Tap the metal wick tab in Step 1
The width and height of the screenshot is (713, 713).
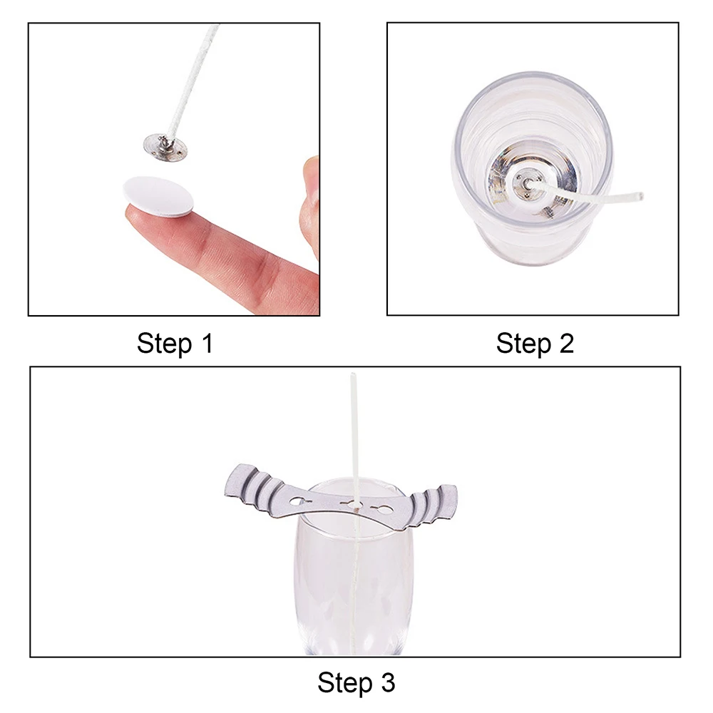(165, 147)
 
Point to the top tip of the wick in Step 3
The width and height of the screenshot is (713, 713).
(353, 375)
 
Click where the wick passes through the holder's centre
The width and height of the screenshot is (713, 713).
(356, 506)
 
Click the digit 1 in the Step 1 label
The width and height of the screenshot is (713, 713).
(207, 343)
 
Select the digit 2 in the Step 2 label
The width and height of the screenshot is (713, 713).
(566, 343)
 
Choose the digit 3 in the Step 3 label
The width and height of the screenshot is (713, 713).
(388, 682)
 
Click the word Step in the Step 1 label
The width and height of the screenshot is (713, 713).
(165, 344)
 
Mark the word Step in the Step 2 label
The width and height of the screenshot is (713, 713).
(524, 344)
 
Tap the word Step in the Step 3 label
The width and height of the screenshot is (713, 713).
(345, 684)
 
